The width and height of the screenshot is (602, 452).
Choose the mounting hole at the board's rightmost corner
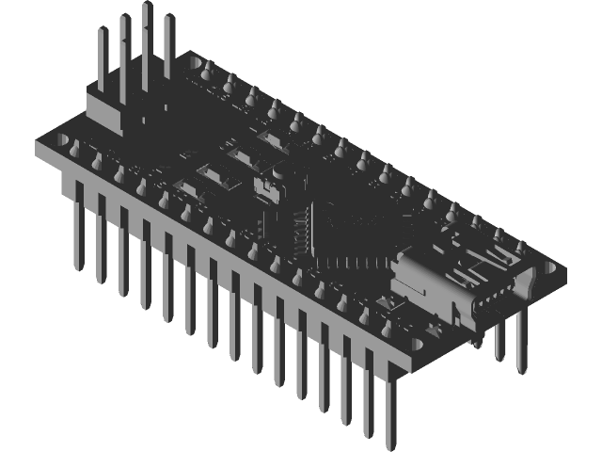547,266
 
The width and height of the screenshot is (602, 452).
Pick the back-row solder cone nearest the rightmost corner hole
518,248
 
